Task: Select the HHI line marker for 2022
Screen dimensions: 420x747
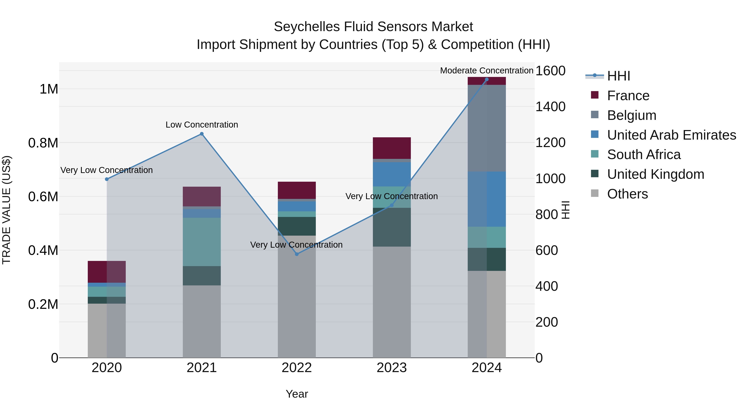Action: [297, 254]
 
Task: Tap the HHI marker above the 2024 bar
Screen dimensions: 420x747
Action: [487, 79]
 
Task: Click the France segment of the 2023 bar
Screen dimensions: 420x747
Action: [392, 148]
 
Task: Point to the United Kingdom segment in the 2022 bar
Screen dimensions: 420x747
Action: [297, 226]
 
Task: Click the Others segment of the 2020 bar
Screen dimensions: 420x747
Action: [106, 330]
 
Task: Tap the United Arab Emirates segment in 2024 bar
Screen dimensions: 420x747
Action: [487, 199]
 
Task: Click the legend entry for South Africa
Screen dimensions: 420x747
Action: [643, 155]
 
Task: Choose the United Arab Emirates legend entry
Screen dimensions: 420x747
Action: [671, 135]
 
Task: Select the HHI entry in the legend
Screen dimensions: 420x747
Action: [618, 76]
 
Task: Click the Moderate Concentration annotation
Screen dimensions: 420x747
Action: [486, 71]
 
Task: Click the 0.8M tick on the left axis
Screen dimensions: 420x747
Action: [43, 143]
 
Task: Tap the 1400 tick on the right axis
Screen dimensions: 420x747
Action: [550, 107]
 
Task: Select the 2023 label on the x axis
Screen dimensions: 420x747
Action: [392, 368]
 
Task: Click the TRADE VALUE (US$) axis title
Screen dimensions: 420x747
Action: [6, 210]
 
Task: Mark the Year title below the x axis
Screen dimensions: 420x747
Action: [297, 394]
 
